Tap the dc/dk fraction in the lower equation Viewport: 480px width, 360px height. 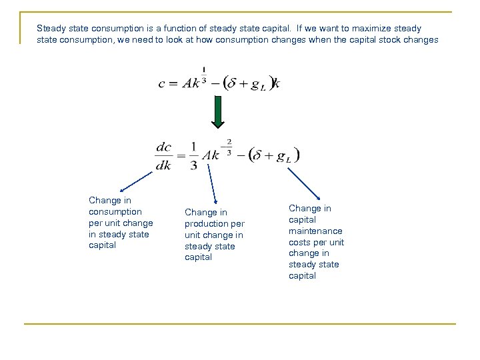(x=163, y=155)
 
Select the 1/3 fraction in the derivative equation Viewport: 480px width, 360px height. (x=193, y=155)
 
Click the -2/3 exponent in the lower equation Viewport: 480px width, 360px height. (x=228, y=145)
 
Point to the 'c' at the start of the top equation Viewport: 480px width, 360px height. (x=161, y=84)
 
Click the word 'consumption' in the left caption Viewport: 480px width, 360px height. (x=115, y=211)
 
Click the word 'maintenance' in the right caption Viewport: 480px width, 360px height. (x=315, y=231)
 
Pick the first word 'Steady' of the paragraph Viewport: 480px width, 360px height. (x=51, y=29)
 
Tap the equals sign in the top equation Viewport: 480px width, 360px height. (x=173, y=84)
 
